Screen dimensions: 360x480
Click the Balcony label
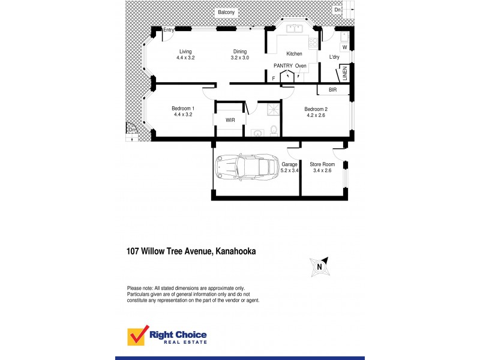click(227, 12)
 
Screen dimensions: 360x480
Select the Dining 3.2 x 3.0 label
click(239, 55)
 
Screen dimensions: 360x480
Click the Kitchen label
click(294, 54)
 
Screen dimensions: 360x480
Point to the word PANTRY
click(282, 65)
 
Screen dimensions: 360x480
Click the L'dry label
click(334, 58)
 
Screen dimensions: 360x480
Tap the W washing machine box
click(344, 47)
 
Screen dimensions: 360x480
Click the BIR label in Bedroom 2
click(332, 90)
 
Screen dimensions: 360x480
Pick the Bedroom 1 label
click(182, 112)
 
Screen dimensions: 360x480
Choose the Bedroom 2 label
click(315, 112)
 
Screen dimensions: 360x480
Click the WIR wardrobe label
click(230, 120)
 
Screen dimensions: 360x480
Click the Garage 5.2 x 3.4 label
click(290, 167)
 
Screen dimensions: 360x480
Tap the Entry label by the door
click(169, 30)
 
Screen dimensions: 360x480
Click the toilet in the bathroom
click(273, 130)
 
